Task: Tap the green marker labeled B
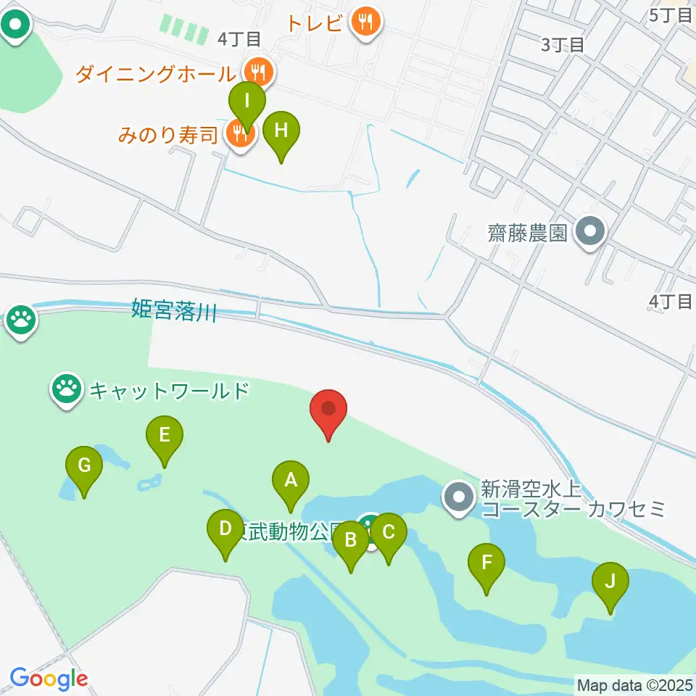pyautogui.click(x=351, y=540)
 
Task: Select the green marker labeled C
pyautogui.click(x=388, y=533)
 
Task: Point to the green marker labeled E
pyautogui.click(x=165, y=436)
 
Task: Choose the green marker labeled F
pyautogui.click(x=486, y=563)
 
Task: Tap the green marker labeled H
pyautogui.click(x=281, y=131)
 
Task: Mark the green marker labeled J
pyautogui.click(x=610, y=581)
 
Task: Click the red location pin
pyautogui.click(x=328, y=410)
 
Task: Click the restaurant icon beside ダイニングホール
pyautogui.click(x=257, y=72)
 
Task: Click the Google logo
pyautogui.click(x=49, y=679)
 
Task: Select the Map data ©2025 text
pyautogui.click(x=634, y=684)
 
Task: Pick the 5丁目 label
pyautogui.click(x=671, y=14)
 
